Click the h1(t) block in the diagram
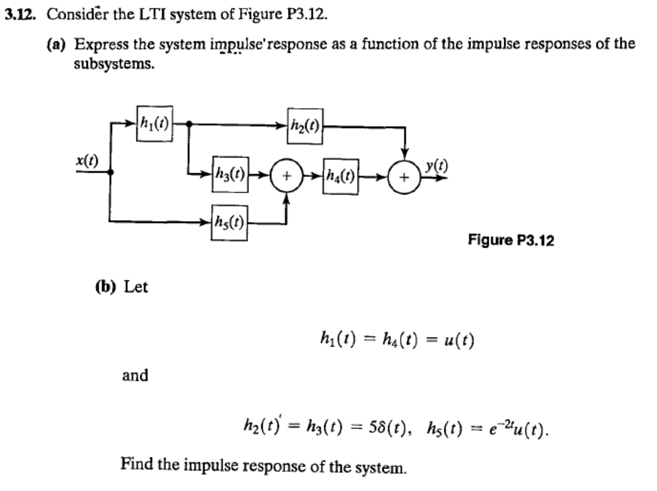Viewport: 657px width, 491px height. click(155, 124)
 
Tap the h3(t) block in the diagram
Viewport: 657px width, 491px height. click(230, 174)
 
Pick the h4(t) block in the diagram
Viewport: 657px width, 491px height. click(341, 176)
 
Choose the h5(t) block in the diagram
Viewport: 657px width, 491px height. click(229, 222)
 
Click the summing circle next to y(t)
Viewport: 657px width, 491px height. click(405, 177)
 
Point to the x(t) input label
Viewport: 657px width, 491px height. click(87, 161)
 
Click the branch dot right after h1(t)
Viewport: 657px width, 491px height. click(189, 124)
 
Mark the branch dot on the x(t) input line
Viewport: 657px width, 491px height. click(110, 172)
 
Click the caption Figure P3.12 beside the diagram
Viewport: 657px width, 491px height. click(510, 240)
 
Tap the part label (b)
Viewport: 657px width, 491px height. click(106, 287)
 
